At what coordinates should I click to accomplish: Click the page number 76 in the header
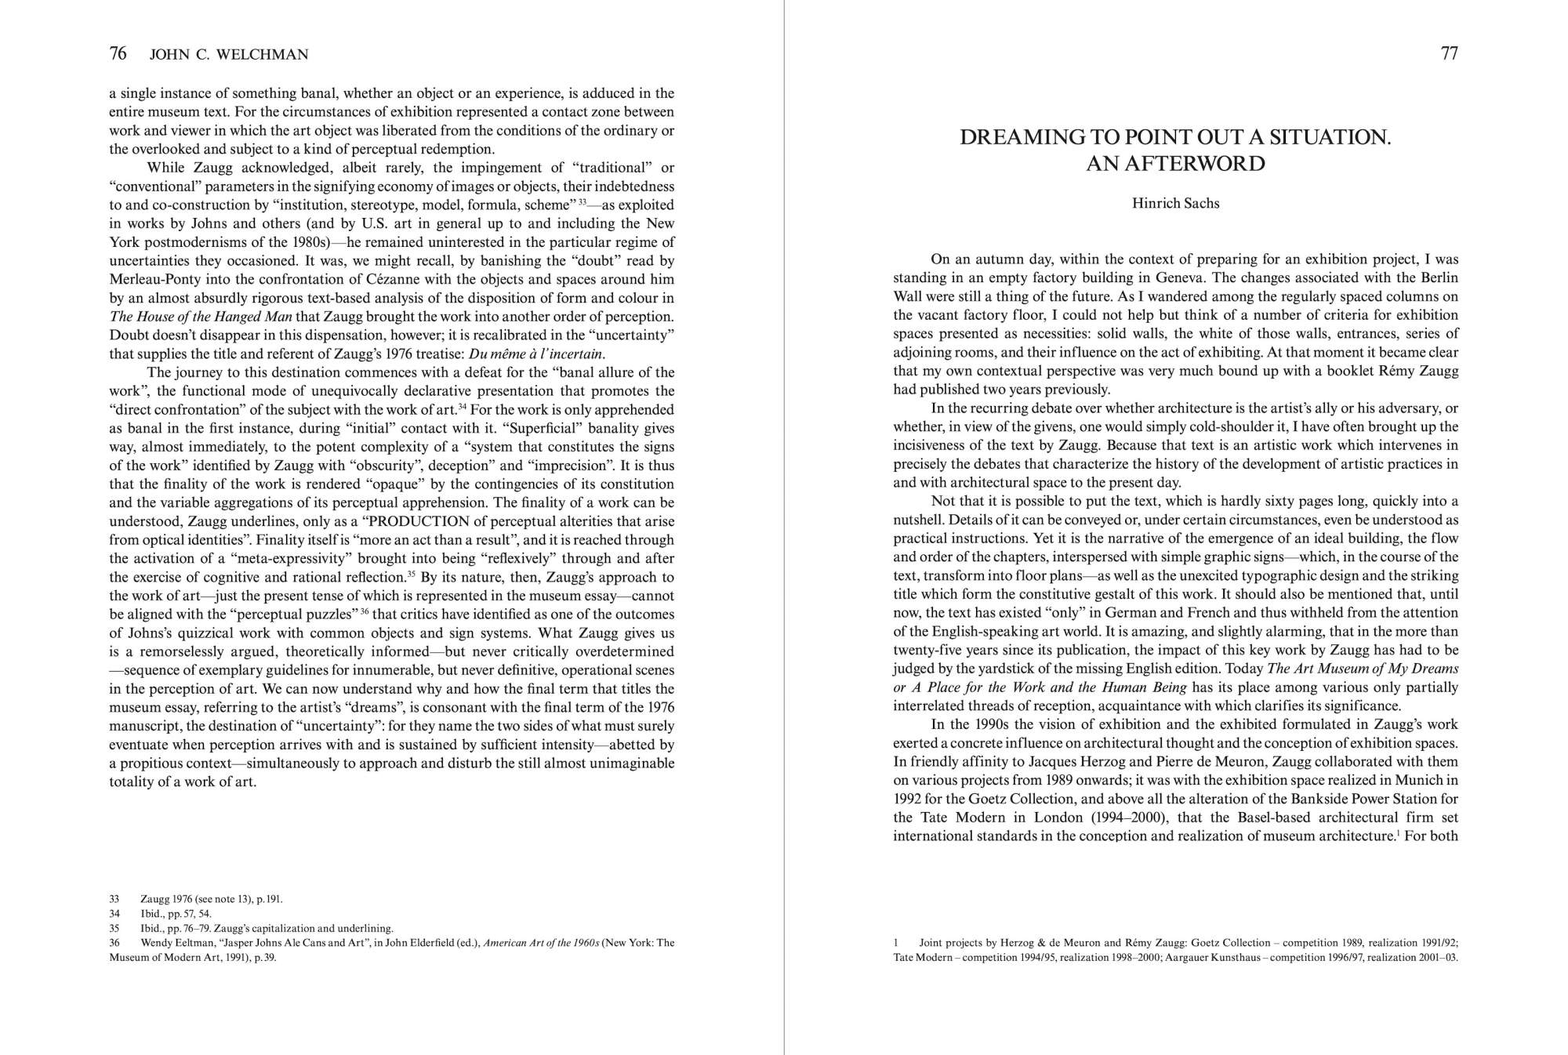point(118,53)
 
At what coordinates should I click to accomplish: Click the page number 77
point(1450,53)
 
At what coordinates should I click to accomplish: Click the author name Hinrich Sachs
point(1175,204)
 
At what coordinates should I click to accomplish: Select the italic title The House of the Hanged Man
point(201,317)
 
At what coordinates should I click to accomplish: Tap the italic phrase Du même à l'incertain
point(536,354)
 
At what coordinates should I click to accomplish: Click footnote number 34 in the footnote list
point(114,913)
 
